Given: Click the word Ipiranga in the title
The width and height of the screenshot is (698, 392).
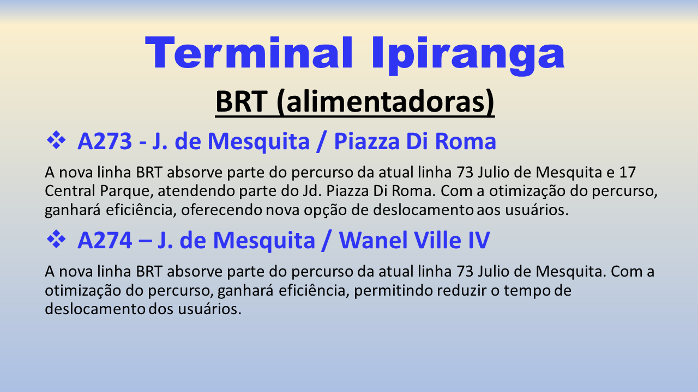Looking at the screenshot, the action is [468, 56].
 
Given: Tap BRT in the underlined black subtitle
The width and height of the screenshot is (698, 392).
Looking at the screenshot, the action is [242, 101].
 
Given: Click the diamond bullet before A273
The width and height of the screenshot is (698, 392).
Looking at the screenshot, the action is [56, 140].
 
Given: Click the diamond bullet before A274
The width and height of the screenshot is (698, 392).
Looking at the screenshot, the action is [56, 239].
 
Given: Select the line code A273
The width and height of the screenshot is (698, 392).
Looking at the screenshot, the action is [105, 141].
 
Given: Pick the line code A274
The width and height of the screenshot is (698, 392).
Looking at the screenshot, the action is [105, 240].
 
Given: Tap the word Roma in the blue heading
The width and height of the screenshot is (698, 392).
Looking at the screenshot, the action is [465, 141].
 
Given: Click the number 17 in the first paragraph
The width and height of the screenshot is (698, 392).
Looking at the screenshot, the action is [627, 173].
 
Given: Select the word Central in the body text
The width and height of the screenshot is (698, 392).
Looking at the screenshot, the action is [70, 191].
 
